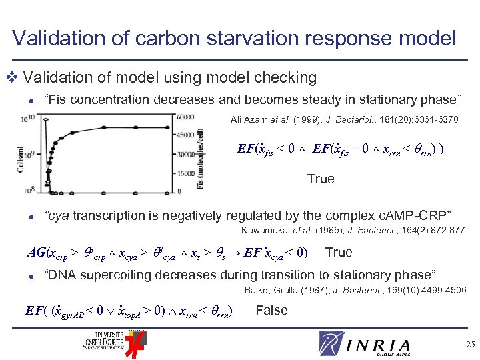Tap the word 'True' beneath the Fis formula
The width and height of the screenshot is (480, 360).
(x=321, y=179)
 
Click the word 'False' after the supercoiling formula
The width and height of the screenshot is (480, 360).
(x=271, y=310)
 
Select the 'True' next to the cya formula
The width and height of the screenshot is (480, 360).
(x=339, y=252)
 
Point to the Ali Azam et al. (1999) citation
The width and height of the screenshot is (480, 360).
(x=344, y=120)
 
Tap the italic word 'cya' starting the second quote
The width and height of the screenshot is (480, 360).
(x=57, y=215)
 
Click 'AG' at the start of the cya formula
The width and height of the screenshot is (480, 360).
(x=35, y=253)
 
